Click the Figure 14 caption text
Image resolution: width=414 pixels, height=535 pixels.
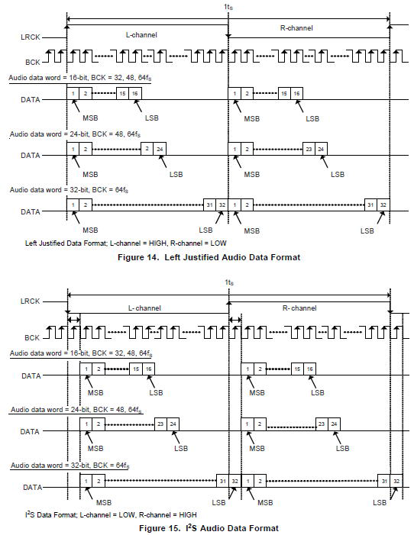[x=209, y=257]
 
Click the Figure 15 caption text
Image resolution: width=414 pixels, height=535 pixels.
[x=209, y=528]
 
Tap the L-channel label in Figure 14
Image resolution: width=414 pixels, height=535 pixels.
[x=141, y=35]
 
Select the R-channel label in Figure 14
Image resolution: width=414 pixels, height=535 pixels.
[x=296, y=28]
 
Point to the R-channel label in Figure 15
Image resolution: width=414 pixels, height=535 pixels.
[x=299, y=308]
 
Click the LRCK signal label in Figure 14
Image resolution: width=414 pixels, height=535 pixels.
[x=31, y=37]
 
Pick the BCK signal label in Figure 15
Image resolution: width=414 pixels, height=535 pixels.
[x=32, y=338]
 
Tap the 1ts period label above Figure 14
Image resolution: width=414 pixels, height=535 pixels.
[x=228, y=6]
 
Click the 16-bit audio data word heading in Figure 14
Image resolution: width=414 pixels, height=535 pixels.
[x=80, y=78]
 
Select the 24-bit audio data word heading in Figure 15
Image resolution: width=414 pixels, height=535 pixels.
[x=76, y=409]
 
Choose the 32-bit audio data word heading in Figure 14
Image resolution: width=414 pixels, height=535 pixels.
[x=69, y=190]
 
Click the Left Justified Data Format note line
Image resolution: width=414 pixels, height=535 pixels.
[x=126, y=243]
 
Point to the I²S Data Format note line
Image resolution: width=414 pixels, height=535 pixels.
[x=111, y=514]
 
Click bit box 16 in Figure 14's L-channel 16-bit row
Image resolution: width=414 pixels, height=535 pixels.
[x=135, y=93]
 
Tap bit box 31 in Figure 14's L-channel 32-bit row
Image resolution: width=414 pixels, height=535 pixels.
[x=210, y=205]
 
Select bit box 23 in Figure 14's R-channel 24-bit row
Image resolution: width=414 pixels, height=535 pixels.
[x=309, y=149]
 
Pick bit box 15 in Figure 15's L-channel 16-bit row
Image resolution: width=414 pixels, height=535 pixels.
[x=136, y=369]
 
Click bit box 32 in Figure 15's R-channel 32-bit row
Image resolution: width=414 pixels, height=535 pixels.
[x=396, y=481]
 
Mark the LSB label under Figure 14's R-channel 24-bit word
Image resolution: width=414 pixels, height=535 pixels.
[x=338, y=174]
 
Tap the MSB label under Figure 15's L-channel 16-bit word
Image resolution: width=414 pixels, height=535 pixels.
[x=95, y=393]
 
